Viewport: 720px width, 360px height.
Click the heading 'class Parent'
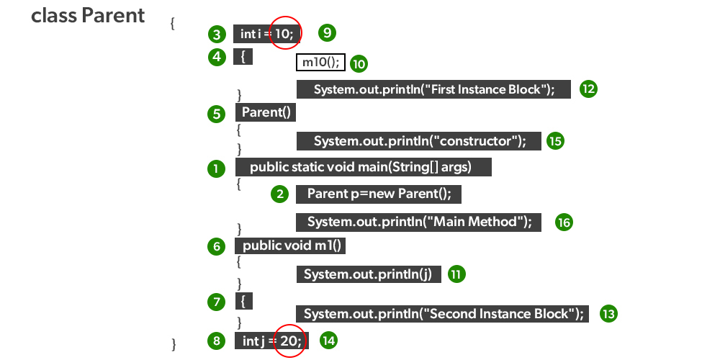tap(88, 16)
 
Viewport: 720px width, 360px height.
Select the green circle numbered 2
tap(280, 194)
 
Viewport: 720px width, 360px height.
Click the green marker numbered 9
tap(328, 32)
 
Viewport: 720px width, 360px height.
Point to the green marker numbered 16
tap(564, 222)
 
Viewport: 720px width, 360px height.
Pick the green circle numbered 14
tap(328, 341)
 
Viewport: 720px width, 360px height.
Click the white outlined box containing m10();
tap(320, 63)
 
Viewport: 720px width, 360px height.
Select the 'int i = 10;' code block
tap(267, 34)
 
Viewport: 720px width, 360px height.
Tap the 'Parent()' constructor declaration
tap(266, 113)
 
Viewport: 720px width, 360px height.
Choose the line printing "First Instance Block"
tap(433, 89)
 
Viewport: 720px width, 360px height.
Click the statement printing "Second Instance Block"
tap(443, 314)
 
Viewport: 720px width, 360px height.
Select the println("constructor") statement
tap(418, 141)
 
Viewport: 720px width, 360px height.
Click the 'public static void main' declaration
tap(363, 168)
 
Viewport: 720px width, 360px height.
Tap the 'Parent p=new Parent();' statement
tap(378, 194)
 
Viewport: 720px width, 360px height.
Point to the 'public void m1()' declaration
tap(290, 246)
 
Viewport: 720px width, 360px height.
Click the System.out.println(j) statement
tap(368, 274)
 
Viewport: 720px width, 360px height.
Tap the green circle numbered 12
tap(589, 89)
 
